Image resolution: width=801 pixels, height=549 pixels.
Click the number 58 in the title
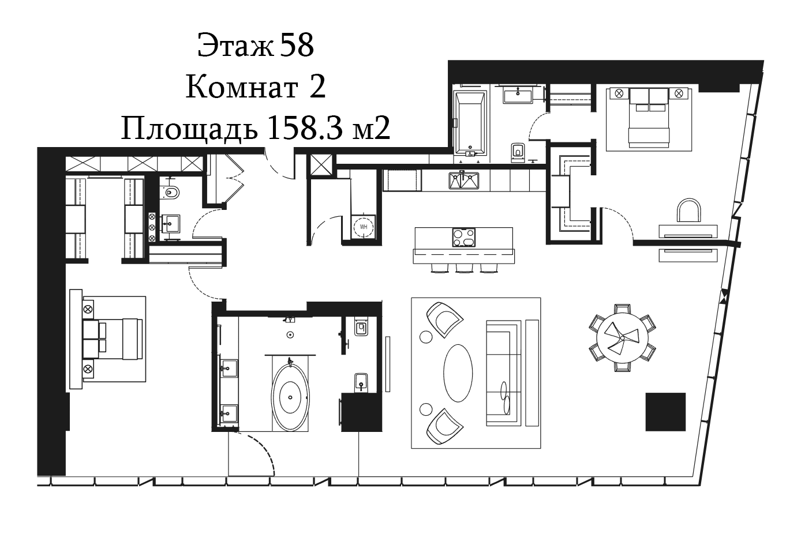point(297,46)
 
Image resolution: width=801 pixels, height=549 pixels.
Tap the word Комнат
point(242,88)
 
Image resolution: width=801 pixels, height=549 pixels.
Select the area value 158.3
point(304,128)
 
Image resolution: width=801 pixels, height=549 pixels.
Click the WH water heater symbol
point(364,227)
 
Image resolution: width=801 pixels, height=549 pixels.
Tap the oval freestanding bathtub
point(290,397)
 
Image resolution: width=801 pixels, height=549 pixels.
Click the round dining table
point(622,338)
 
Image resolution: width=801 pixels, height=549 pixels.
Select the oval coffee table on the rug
point(458,373)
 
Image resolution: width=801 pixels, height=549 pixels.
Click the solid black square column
point(665,412)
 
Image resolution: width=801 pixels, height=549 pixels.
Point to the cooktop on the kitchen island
point(464,238)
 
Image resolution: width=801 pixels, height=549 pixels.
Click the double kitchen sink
point(464,181)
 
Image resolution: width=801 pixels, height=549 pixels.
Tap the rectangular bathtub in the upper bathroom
point(470,123)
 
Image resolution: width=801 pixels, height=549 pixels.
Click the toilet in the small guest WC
point(171,192)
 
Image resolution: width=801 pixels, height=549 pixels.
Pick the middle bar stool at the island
point(465,268)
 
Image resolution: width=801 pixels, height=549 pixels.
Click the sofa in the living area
point(503,373)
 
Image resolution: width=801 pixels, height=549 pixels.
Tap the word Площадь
point(189,129)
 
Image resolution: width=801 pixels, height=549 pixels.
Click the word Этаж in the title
point(235,46)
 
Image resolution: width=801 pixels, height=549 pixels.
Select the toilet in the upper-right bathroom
point(518,153)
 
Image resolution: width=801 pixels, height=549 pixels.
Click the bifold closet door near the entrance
point(226,179)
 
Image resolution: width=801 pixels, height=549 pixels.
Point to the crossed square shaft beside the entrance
point(321,165)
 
